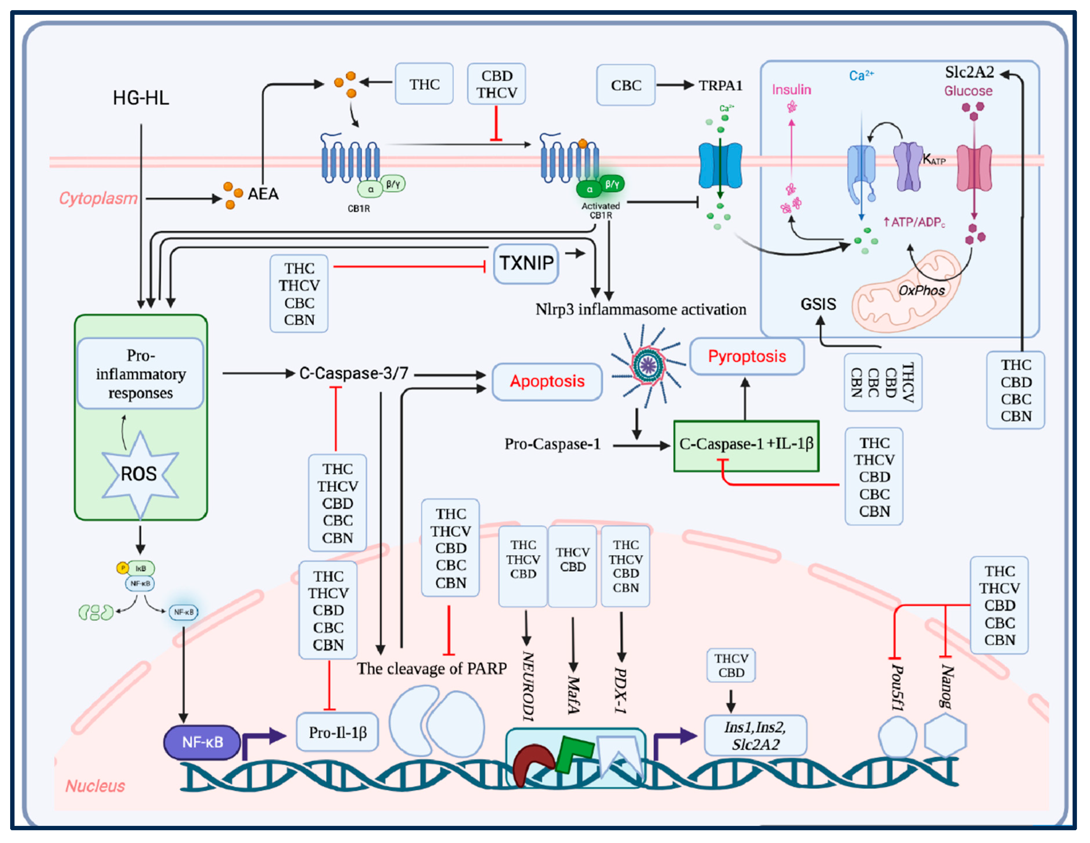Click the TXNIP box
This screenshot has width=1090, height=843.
point(526,263)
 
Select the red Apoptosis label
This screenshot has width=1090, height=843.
point(547,381)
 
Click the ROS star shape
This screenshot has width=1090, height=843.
point(139,473)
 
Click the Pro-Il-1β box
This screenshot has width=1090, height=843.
point(337,732)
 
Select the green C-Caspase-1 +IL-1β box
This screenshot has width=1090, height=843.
point(746,445)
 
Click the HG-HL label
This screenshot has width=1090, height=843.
point(141,98)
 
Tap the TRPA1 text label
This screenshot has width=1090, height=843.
point(720,86)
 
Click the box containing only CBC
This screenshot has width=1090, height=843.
point(625,85)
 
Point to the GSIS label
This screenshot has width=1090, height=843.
point(818,304)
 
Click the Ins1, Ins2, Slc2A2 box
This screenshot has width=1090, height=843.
point(755,736)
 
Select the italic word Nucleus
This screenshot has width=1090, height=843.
point(95,786)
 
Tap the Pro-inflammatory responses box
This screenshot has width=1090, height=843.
point(140,374)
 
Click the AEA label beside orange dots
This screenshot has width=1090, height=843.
point(263,194)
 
